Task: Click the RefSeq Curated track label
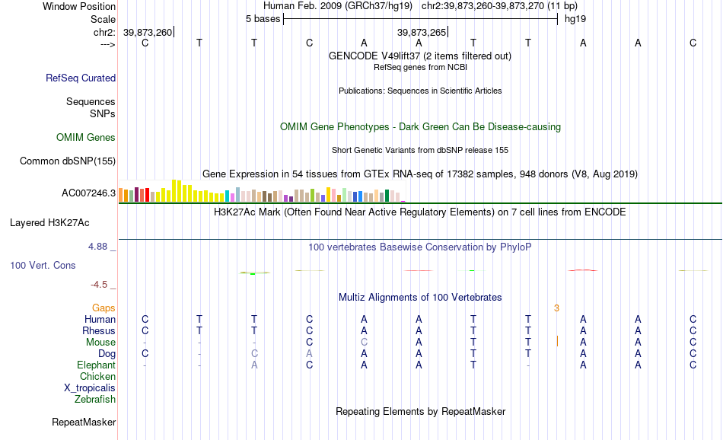click(x=81, y=78)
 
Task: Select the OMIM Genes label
click(x=86, y=138)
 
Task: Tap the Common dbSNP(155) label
click(x=68, y=161)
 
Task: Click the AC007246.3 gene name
click(x=88, y=193)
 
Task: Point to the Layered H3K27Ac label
click(x=49, y=223)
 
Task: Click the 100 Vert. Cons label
click(x=43, y=265)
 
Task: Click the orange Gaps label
click(x=104, y=308)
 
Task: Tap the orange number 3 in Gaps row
click(x=556, y=308)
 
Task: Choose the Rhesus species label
click(x=99, y=330)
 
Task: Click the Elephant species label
click(x=97, y=365)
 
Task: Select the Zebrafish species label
click(x=95, y=400)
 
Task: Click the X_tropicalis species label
click(x=90, y=388)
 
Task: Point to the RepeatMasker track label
click(x=84, y=422)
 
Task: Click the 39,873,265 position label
click(x=422, y=32)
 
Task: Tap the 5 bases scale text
click(x=263, y=19)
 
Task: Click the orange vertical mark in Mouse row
click(x=557, y=341)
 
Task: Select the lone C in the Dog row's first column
click(x=145, y=354)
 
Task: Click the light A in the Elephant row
click(x=254, y=365)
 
